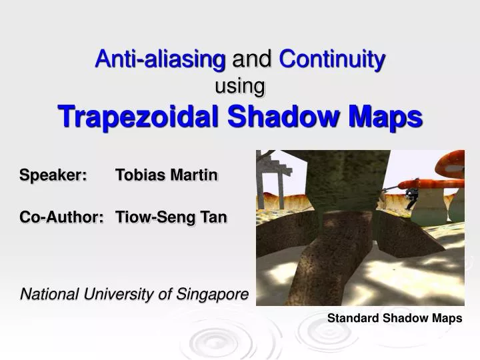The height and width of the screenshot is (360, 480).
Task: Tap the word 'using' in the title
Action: [240, 86]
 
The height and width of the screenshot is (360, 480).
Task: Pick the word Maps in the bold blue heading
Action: [388, 117]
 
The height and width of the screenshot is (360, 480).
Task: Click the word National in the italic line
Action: [48, 293]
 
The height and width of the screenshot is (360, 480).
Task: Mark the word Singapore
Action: [215, 293]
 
